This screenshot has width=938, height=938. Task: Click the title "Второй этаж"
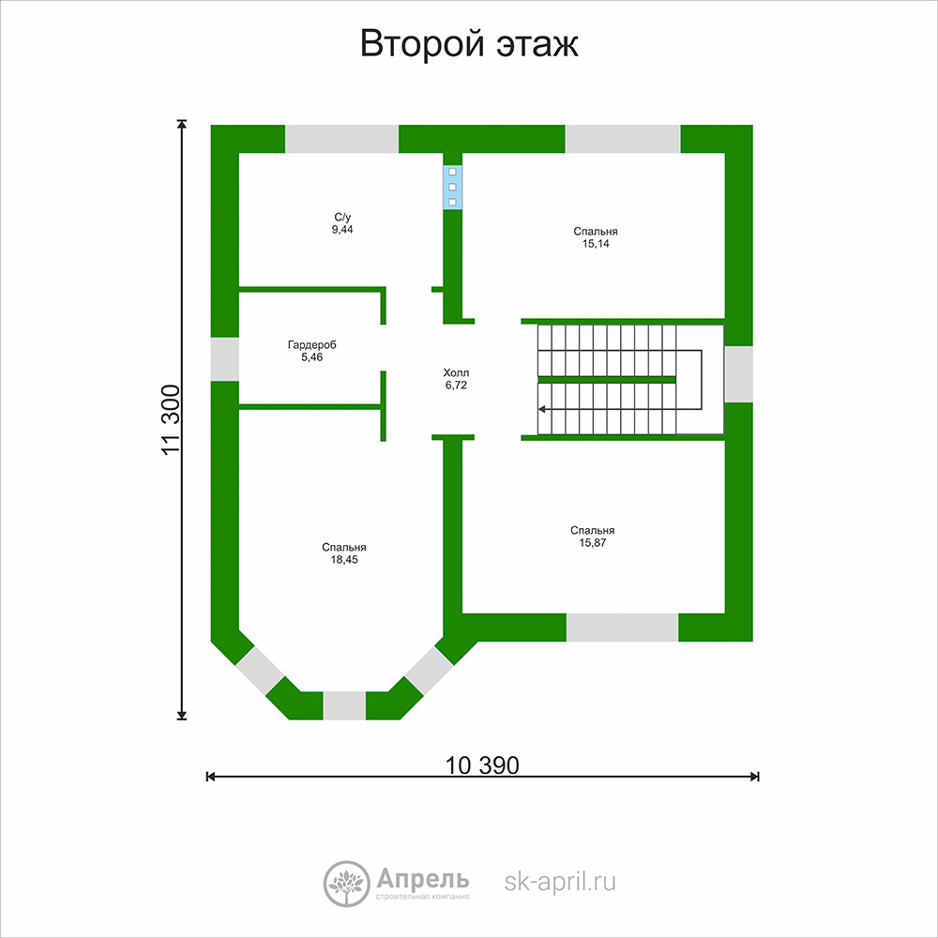click(469, 44)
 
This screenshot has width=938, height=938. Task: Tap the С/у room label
click(342, 218)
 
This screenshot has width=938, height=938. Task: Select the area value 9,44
click(342, 230)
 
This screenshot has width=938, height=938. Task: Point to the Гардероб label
click(311, 345)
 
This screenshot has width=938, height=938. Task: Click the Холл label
click(456, 372)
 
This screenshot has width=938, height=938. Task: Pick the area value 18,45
click(344, 560)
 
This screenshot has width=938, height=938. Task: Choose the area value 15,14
click(596, 244)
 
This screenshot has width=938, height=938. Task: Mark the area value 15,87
click(592, 543)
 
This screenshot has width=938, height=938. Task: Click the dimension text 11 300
click(171, 420)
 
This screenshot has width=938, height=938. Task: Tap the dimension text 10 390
click(482, 765)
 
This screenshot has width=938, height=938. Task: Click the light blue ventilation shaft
click(452, 187)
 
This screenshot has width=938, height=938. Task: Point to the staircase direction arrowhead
click(541, 409)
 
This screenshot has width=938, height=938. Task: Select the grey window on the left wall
click(225, 359)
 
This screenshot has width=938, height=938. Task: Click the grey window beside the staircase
click(739, 374)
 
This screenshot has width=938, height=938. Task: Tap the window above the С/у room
click(341, 139)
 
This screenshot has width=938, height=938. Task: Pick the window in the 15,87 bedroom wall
click(622, 628)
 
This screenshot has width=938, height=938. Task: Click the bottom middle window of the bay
click(344, 706)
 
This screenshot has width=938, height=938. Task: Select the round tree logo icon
click(346, 885)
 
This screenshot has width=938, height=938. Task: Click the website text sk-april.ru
click(560, 882)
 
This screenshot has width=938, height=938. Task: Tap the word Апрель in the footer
click(423, 880)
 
